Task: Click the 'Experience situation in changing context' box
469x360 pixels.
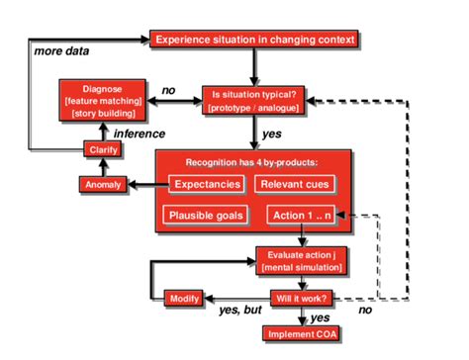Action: [x=253, y=40]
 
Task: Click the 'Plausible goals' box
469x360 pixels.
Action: [x=207, y=215]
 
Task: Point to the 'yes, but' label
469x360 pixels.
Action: [x=238, y=311]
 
